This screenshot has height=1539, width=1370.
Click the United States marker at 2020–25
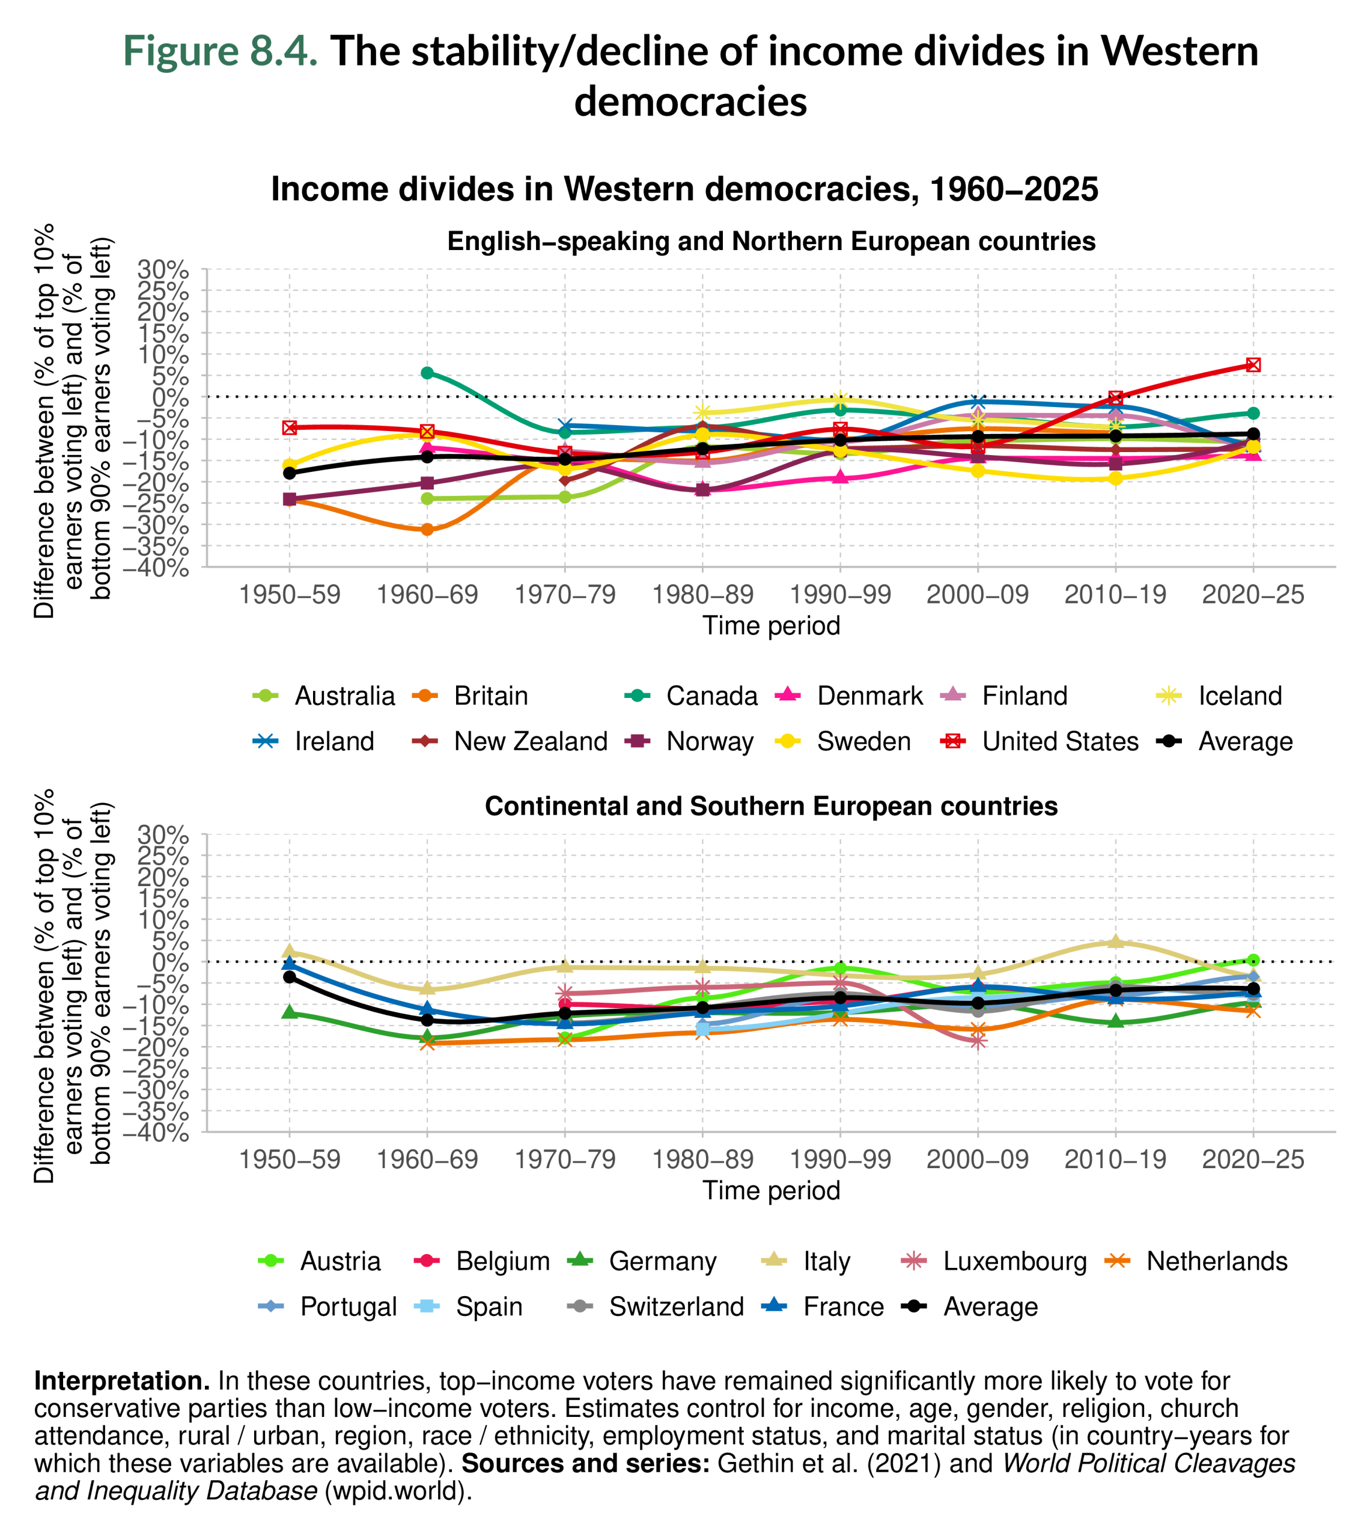point(1253,364)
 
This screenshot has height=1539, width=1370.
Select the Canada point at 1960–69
point(427,373)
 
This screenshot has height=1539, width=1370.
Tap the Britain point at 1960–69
point(427,529)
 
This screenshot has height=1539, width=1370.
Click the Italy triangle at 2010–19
point(1116,941)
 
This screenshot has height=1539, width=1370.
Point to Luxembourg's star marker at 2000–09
point(978,1041)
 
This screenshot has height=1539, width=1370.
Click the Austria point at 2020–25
point(1253,960)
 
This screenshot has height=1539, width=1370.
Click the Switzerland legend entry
point(676,1306)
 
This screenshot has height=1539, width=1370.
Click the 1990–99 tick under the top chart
point(840,595)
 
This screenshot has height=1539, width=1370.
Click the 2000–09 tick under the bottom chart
point(977,1160)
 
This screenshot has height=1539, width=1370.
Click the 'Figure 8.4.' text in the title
point(220,51)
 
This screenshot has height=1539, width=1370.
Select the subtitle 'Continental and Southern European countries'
point(771,806)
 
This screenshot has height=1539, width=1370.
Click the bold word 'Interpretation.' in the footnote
point(122,1381)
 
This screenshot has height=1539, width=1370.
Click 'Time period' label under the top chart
point(771,626)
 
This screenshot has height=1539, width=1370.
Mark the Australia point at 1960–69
point(427,498)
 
